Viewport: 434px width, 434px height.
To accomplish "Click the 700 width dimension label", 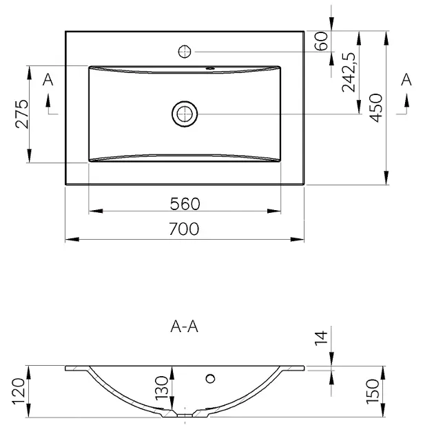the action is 184,229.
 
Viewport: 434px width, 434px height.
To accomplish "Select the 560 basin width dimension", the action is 185,204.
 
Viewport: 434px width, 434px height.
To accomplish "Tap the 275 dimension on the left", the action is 22,114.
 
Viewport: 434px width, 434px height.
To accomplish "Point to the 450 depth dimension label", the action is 376,107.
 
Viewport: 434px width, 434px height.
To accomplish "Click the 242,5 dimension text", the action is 349,72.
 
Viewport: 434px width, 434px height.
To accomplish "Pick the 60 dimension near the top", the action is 321,41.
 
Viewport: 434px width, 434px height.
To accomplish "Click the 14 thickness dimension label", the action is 321,338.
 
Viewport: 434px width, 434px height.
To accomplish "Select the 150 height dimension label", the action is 373,391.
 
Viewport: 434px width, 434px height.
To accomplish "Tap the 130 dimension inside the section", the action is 162,388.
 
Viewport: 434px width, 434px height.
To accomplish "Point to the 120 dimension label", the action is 19,391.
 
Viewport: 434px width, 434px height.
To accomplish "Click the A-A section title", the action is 185,327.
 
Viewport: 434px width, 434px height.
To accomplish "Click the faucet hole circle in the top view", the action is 185,52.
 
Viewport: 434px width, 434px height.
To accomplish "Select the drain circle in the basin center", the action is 185,114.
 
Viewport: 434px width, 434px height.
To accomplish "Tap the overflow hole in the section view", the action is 210,378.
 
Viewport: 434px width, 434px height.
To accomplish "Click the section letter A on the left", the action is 48,80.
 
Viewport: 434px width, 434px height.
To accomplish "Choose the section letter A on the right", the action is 406,80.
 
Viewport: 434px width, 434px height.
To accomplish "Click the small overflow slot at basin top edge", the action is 210,68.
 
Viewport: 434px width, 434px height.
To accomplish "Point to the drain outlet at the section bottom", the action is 185,415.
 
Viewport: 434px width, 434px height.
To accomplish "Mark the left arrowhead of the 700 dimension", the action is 72,240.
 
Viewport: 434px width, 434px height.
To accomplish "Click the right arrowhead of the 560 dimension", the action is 274,211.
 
